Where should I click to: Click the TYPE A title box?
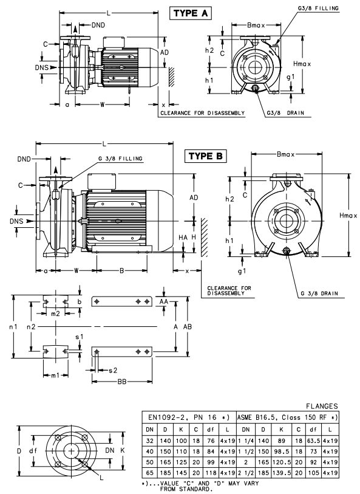pyautogui.click(x=191, y=13)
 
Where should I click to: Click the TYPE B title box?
pyautogui.click(x=205, y=156)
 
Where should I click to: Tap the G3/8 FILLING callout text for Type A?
pyautogui.click(x=318, y=8)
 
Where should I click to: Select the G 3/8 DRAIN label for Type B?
pyautogui.click(x=319, y=293)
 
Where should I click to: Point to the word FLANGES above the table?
pyautogui.click(x=322, y=407)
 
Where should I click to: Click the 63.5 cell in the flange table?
pyautogui.click(x=313, y=441)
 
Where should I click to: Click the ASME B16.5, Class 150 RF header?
pyautogui.click(x=287, y=417)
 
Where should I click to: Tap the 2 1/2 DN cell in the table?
pyautogui.click(x=246, y=473)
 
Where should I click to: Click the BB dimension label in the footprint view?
pyautogui.click(x=122, y=382)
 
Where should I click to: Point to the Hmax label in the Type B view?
pyautogui.click(x=348, y=216)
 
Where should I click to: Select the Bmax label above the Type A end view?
pyautogui.click(x=256, y=25)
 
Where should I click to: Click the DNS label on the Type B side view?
pyautogui.click(x=16, y=221)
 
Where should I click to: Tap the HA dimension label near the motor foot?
pyautogui.click(x=183, y=237)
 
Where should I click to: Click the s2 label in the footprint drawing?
pyautogui.click(x=113, y=371)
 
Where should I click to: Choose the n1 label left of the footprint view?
pyautogui.click(x=13, y=327)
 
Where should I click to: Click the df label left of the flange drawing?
pyautogui.click(x=33, y=451)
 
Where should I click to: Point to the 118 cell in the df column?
pyautogui.click(x=211, y=473)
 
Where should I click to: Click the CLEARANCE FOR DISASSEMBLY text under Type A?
pyautogui.click(x=202, y=113)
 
